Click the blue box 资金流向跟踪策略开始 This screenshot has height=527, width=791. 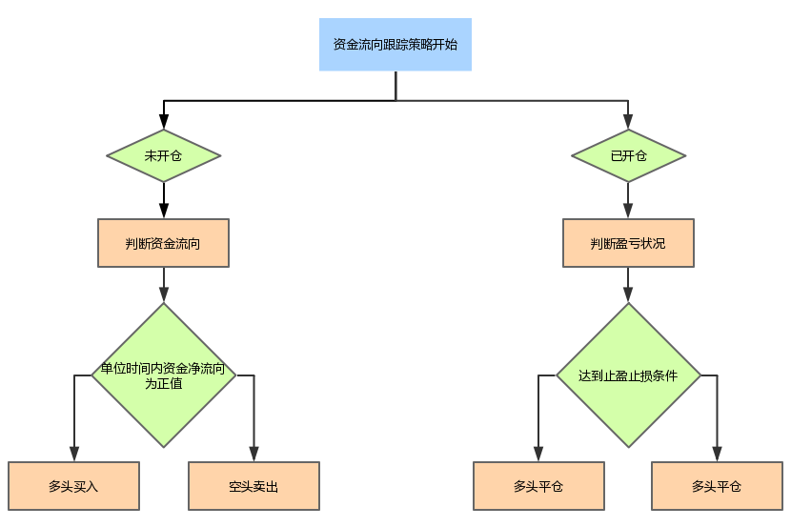pyautogui.click(x=395, y=44)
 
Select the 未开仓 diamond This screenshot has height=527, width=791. pyautogui.click(x=163, y=155)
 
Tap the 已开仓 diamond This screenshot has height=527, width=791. pyautogui.click(x=628, y=155)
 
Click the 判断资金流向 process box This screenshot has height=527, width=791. pyautogui.click(x=163, y=243)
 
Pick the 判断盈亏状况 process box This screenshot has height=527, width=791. pyautogui.click(x=628, y=243)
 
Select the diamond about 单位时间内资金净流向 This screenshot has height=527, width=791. pyautogui.click(x=163, y=375)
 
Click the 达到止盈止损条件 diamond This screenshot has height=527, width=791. pyautogui.click(x=628, y=375)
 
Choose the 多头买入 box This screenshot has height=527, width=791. pyautogui.click(x=73, y=486)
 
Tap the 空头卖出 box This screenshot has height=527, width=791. pyautogui.click(x=254, y=486)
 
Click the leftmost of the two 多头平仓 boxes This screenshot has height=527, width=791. pyautogui.click(x=538, y=486)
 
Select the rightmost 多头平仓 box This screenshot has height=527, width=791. pyautogui.click(x=717, y=486)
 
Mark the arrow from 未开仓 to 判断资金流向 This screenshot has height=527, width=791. pyautogui.click(x=164, y=201)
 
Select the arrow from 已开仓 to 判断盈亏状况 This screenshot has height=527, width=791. pyautogui.click(x=628, y=201)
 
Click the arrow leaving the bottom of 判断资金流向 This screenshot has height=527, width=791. pyautogui.click(x=164, y=285)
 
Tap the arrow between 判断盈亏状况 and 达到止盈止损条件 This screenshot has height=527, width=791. pyautogui.click(x=628, y=285)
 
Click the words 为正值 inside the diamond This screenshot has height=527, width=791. pyautogui.click(x=163, y=384)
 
